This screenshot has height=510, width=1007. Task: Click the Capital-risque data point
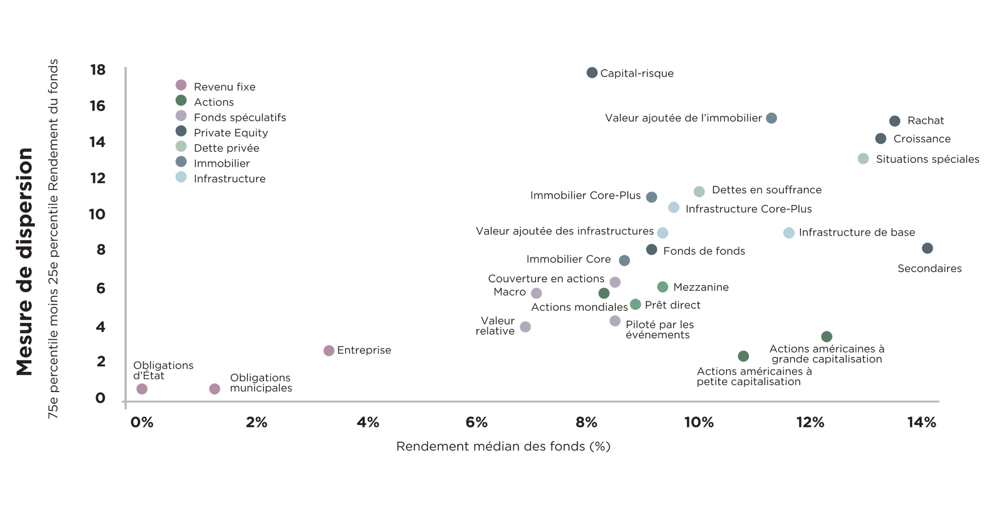592,73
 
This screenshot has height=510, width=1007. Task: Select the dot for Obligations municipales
214,389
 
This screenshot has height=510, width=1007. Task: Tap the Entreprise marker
329,350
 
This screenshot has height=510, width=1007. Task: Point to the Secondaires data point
927,248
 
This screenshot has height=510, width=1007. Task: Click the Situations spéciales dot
863,158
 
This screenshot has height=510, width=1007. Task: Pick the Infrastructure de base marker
789,233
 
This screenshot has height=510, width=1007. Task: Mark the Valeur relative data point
525,327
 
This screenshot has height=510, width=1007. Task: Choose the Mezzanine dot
662,287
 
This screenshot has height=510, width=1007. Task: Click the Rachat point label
925,120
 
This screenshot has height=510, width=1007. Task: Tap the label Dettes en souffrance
767,190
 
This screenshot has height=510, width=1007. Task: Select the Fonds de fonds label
704,251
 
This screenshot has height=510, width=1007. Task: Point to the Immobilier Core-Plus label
585,196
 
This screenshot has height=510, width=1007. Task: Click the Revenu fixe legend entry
225,87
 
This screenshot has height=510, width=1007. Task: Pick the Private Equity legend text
231,133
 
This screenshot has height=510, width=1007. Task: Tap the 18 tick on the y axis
98,69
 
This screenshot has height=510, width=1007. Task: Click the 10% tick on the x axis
699,422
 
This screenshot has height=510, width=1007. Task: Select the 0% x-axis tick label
142,422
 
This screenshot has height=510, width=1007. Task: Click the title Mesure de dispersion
24,261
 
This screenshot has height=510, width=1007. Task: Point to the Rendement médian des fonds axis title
503,447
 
